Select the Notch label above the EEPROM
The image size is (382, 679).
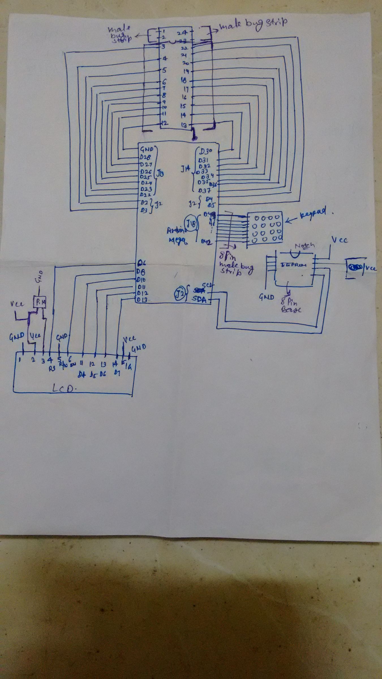(304, 245)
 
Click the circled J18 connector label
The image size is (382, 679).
(190, 224)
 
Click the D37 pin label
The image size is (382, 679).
(204, 190)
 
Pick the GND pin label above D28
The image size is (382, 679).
(146, 149)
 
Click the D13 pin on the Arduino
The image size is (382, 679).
(142, 300)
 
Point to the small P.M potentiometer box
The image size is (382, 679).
(39, 302)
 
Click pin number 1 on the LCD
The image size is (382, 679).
(20, 360)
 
